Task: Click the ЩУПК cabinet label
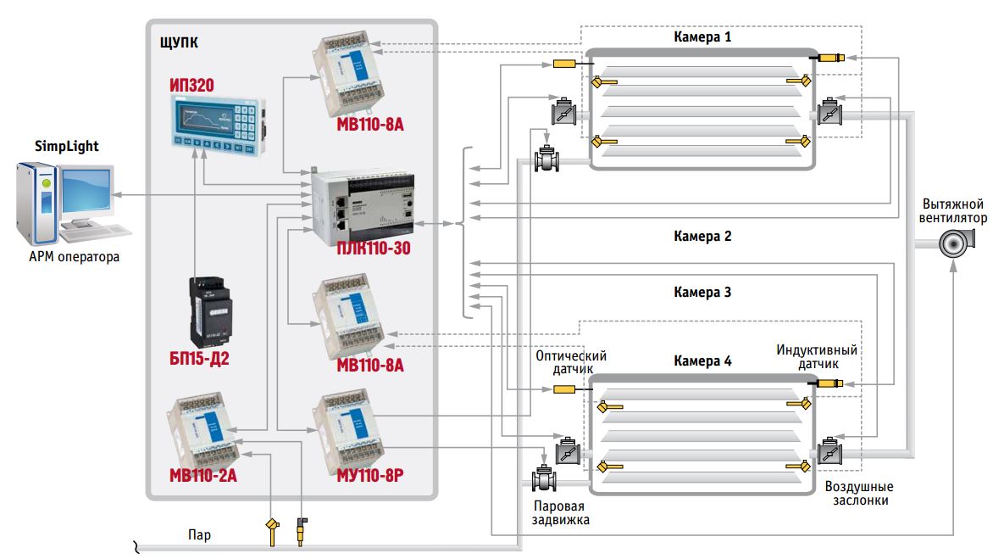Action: point(180,41)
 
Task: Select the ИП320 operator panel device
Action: point(218,124)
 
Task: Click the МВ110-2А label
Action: point(202,475)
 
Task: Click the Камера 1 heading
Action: point(702,37)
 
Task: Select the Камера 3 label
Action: point(702,292)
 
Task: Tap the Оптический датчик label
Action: point(570,362)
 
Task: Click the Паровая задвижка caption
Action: point(560,513)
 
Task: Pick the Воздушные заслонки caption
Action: point(858,494)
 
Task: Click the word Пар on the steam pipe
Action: point(200,535)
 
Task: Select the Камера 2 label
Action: point(702,237)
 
